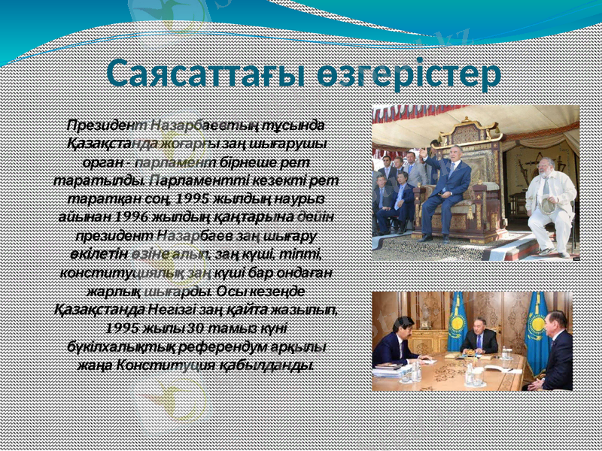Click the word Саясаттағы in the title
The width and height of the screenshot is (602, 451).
pos(199,74)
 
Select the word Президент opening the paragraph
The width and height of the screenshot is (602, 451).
pos(106,124)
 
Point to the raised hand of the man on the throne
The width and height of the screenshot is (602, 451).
pos(423,153)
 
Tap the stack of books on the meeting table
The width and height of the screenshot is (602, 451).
pos(392,368)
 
